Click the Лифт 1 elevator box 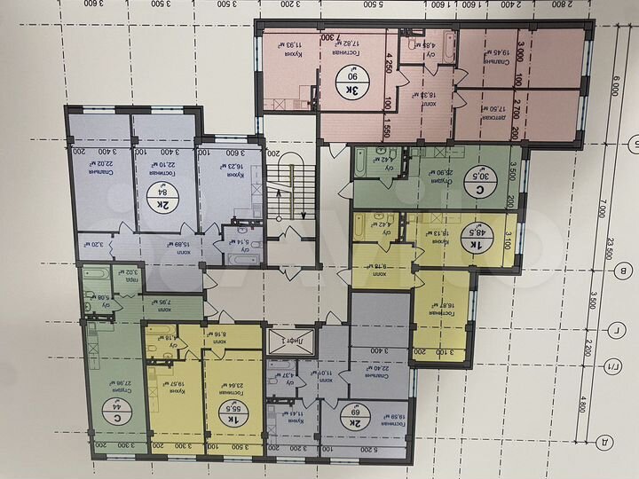point(278,338)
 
